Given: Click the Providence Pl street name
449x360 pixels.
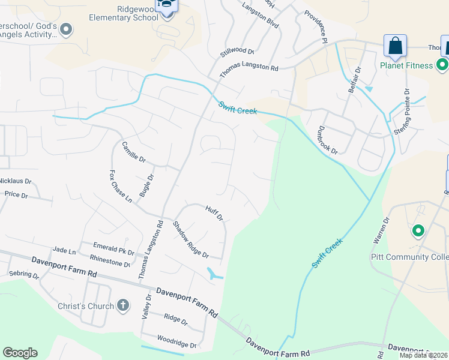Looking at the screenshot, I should click(316, 26).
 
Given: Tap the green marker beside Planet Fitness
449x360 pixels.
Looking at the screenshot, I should click(442, 64).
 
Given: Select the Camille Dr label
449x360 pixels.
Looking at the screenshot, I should click(134, 152).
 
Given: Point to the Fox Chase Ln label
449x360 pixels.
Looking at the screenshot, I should click(119, 186).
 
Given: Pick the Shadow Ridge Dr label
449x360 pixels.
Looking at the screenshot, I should click(190, 239).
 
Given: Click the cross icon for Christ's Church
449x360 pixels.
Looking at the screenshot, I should click(122, 306).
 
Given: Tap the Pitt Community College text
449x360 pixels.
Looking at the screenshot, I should click(408, 257).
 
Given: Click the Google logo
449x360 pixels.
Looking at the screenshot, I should click(20, 353).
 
